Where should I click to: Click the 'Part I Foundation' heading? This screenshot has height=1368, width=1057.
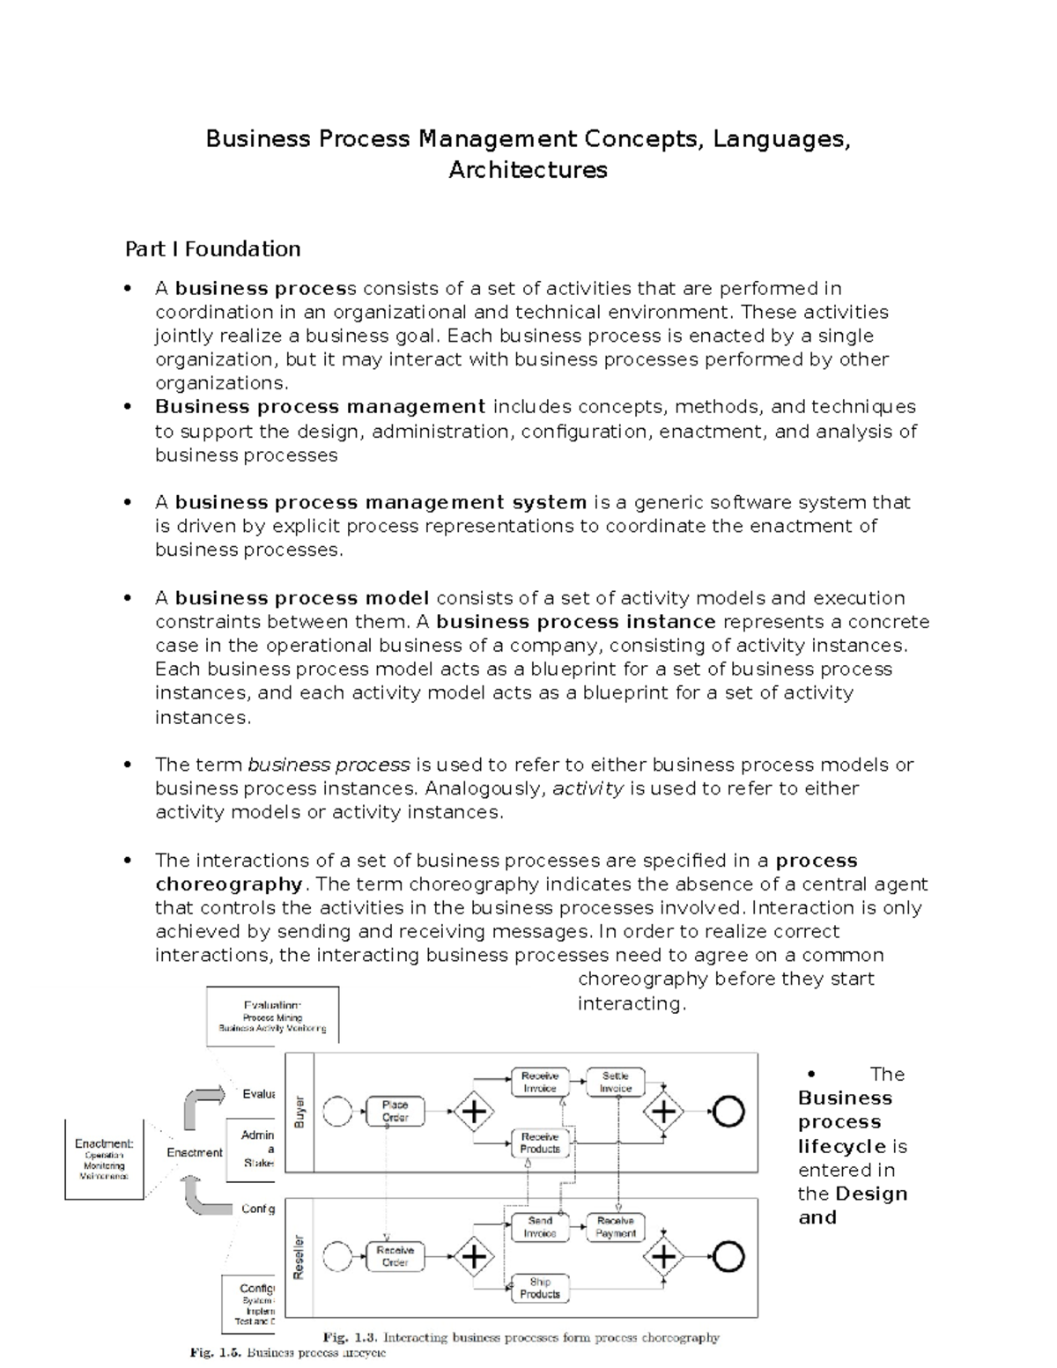pyautogui.click(x=212, y=249)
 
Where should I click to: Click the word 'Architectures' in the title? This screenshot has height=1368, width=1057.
pyautogui.click(x=528, y=170)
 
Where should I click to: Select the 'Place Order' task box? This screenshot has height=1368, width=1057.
pyautogui.click(x=395, y=1111)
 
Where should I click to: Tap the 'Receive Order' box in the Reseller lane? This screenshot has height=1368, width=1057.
pyautogui.click(x=395, y=1256)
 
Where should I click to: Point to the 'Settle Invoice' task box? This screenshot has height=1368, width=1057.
pyautogui.click(x=616, y=1082)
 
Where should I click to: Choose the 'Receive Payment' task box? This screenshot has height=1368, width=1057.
pyautogui.click(x=616, y=1227)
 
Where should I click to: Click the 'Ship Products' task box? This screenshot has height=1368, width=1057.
pyautogui.click(x=540, y=1288)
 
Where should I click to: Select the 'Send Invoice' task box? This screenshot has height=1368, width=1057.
pyautogui.click(x=540, y=1227)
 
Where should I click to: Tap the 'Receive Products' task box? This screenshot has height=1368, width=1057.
pyautogui.click(x=540, y=1142)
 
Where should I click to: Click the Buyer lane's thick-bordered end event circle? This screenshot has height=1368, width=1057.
pyautogui.click(x=728, y=1112)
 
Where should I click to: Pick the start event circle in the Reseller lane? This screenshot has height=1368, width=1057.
pyautogui.click(x=337, y=1256)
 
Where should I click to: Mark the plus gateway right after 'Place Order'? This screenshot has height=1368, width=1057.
pyautogui.click(x=474, y=1112)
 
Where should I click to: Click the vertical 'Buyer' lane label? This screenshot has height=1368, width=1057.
pyautogui.click(x=299, y=1112)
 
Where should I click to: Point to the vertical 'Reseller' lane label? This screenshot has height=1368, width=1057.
pyautogui.click(x=299, y=1256)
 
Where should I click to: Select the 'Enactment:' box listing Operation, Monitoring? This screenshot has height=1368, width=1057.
pyautogui.click(x=104, y=1159)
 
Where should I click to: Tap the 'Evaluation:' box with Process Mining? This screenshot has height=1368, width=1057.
pyautogui.click(x=272, y=1016)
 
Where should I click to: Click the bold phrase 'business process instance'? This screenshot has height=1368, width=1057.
pyautogui.click(x=576, y=622)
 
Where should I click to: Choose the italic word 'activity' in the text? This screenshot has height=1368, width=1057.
pyautogui.click(x=588, y=788)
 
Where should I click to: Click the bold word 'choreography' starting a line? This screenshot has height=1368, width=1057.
pyautogui.click(x=229, y=884)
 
